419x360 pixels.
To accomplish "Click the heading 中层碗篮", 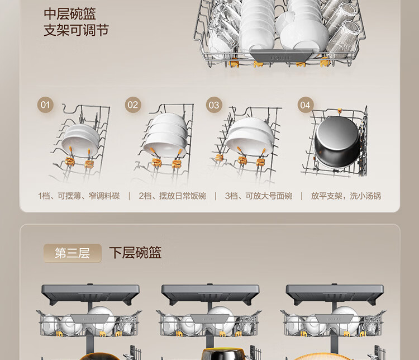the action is pyautogui.click(x=70, y=14).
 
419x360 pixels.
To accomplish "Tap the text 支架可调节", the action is pyautogui.click(x=76, y=30).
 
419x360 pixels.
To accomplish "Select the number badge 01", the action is pyautogui.click(x=45, y=105).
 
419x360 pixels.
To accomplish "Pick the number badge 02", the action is pyautogui.click(x=133, y=105).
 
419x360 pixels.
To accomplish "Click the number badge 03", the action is pyautogui.click(x=214, y=105).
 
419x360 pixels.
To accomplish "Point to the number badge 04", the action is pyautogui.click(x=306, y=105).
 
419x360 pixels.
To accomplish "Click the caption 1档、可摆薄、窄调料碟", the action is pyautogui.click(x=79, y=196).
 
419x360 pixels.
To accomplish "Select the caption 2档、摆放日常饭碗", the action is pyautogui.click(x=173, y=196).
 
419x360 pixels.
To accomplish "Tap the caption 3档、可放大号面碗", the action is pyautogui.click(x=259, y=196).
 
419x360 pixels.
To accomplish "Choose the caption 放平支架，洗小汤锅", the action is pyautogui.click(x=346, y=196).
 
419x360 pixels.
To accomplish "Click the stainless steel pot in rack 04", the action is pyautogui.click(x=337, y=142).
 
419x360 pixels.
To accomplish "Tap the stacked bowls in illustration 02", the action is pyautogui.click(x=166, y=135).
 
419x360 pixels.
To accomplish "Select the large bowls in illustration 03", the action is pyautogui.click(x=250, y=136).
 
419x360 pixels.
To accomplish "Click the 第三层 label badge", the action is pyautogui.click(x=73, y=253).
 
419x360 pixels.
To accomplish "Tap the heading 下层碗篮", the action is pyautogui.click(x=135, y=253).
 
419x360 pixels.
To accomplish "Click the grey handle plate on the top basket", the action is pyautogui.click(x=281, y=55).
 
